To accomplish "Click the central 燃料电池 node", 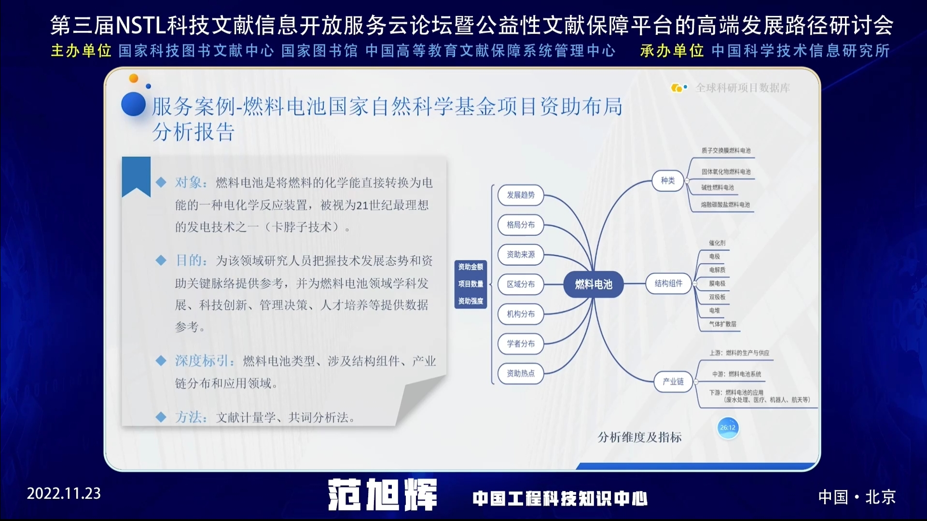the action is click(x=594, y=285).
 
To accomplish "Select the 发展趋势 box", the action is click(x=521, y=195).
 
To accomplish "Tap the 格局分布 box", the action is click(x=521, y=225).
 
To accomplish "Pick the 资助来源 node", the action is click(x=521, y=255).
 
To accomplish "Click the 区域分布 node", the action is click(x=521, y=284).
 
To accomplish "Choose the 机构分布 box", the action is click(x=521, y=314).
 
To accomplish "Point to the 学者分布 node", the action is click(x=521, y=343).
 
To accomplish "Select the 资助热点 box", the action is click(x=521, y=373).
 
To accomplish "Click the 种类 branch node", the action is click(x=668, y=180).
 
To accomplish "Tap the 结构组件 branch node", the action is click(x=668, y=284).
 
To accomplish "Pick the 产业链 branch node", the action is click(x=673, y=382).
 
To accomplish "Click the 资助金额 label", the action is click(x=470, y=267).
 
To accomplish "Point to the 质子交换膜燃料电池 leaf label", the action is click(x=726, y=151).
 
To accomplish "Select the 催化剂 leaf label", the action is click(x=717, y=243).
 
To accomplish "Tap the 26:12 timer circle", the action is click(x=728, y=428).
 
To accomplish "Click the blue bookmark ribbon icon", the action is click(x=136, y=176).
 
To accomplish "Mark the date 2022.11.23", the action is click(x=64, y=494).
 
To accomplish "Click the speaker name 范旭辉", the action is click(x=382, y=495).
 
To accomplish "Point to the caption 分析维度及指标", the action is click(x=639, y=437).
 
